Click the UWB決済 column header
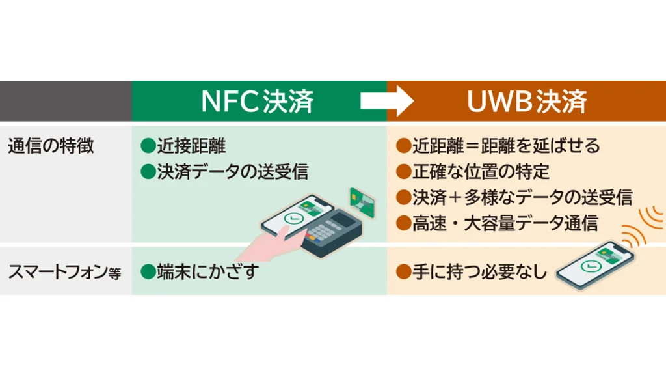(527, 102)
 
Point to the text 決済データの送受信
(232, 172)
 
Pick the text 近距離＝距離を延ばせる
(505, 146)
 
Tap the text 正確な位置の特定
(481, 172)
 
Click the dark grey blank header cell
(66, 102)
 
